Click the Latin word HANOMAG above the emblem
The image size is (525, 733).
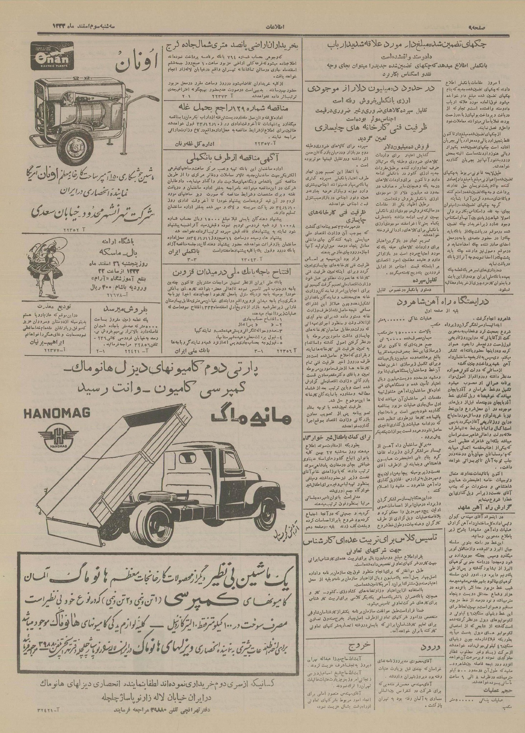coord(61,414)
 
